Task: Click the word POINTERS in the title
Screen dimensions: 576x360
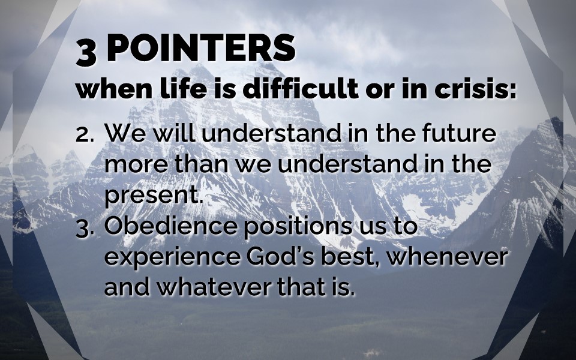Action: (x=200, y=48)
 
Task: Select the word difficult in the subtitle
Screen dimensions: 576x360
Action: (x=301, y=89)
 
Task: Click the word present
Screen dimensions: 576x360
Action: (x=154, y=196)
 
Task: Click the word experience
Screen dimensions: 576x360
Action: (x=172, y=258)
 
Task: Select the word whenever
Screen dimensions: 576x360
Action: (x=448, y=257)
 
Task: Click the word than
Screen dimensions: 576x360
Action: (x=202, y=164)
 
